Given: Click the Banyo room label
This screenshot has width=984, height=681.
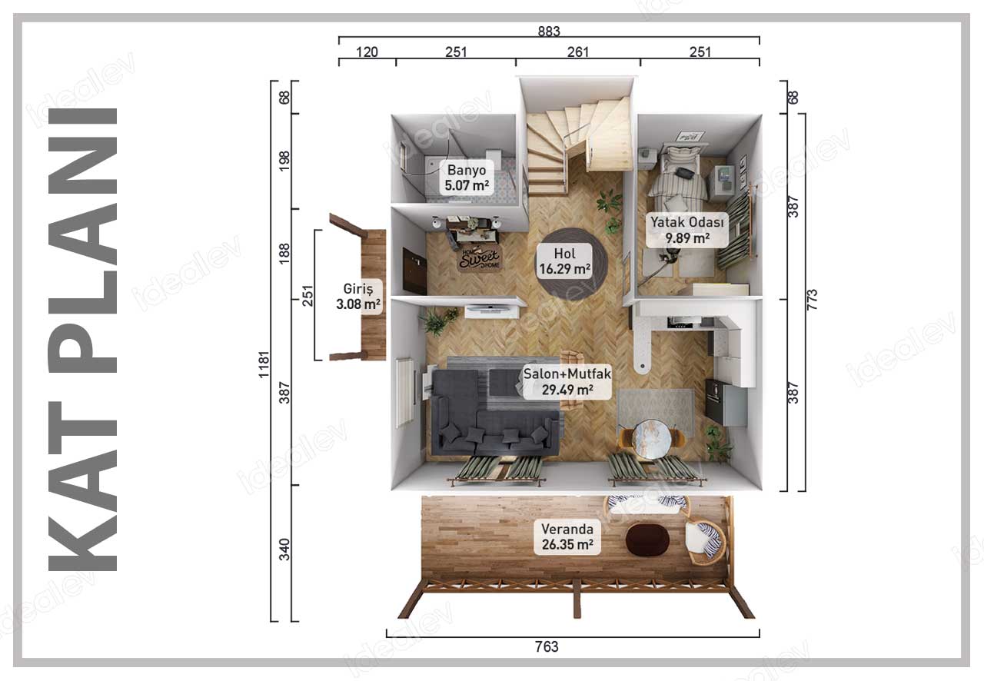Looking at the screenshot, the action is [467, 178].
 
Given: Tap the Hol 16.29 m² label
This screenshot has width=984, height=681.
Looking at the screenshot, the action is [564, 261].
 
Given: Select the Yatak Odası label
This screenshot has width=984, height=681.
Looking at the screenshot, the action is [687, 230].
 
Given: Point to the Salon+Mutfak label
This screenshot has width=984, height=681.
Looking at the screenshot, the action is [567, 382].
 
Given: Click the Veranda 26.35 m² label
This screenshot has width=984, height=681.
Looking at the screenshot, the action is [567, 536].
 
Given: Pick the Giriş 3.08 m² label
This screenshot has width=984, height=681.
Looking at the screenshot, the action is [358, 297].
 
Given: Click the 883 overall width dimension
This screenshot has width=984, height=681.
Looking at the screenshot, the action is [549, 32].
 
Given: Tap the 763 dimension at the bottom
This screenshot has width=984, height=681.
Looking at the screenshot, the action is [547, 646].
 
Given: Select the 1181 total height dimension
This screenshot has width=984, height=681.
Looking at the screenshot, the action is [264, 364].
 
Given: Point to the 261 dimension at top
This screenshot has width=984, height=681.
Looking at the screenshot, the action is [578, 51].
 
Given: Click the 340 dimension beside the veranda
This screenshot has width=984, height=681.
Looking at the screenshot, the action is [284, 550].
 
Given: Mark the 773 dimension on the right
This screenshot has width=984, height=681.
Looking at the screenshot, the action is [813, 300].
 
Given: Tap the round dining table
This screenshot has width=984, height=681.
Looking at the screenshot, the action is [651, 440].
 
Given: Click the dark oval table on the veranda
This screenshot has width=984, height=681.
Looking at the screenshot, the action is [647, 540].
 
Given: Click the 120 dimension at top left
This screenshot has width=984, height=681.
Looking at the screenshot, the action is [367, 51].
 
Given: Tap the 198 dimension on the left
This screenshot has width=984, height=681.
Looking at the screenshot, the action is [284, 161].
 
